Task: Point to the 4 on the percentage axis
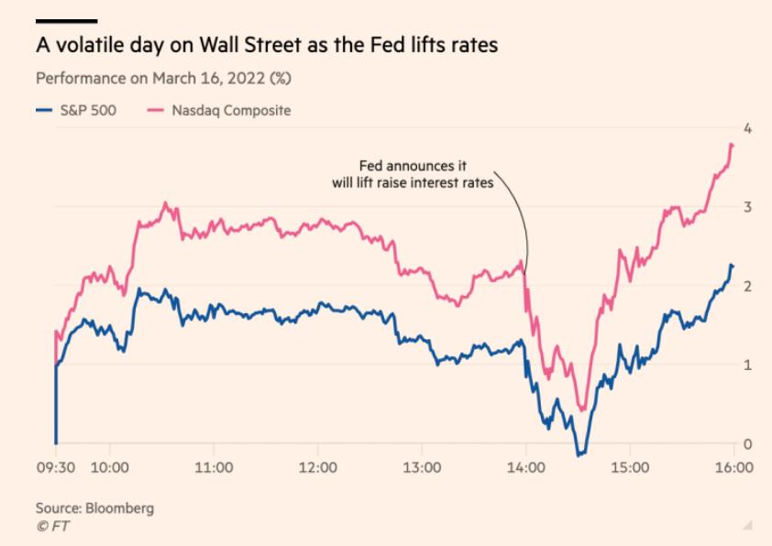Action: (748, 127)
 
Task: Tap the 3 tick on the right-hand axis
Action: (748, 207)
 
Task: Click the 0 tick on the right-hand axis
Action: (748, 444)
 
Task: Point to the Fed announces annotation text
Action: (412, 174)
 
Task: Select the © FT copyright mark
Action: (51, 526)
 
